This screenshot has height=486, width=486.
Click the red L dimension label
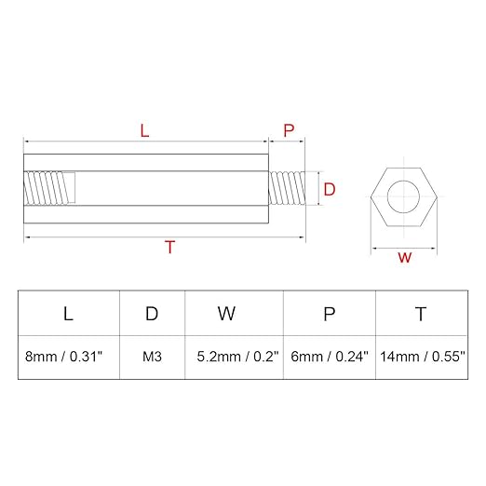144,130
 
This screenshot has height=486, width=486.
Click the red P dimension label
289,130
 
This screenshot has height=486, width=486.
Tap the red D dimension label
330,189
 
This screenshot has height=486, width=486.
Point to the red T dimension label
170,247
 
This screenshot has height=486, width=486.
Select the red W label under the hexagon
405,257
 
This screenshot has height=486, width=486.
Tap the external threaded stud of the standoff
287,188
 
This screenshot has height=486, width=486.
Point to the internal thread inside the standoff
49,188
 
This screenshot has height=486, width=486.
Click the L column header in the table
68,314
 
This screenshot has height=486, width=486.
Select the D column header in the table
152,314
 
